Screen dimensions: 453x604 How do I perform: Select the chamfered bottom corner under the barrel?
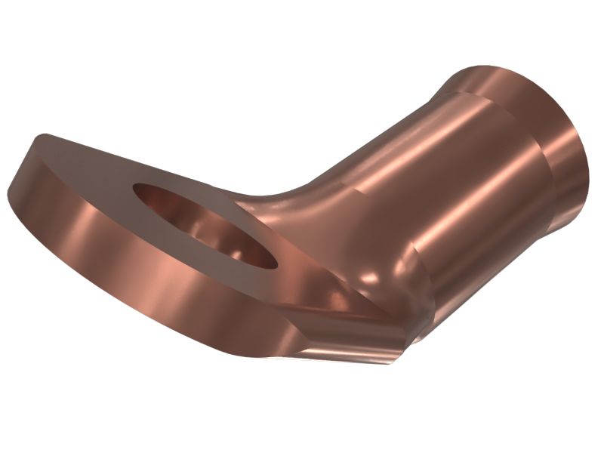click(419, 332)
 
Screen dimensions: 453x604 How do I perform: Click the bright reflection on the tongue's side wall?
click(98, 242)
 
